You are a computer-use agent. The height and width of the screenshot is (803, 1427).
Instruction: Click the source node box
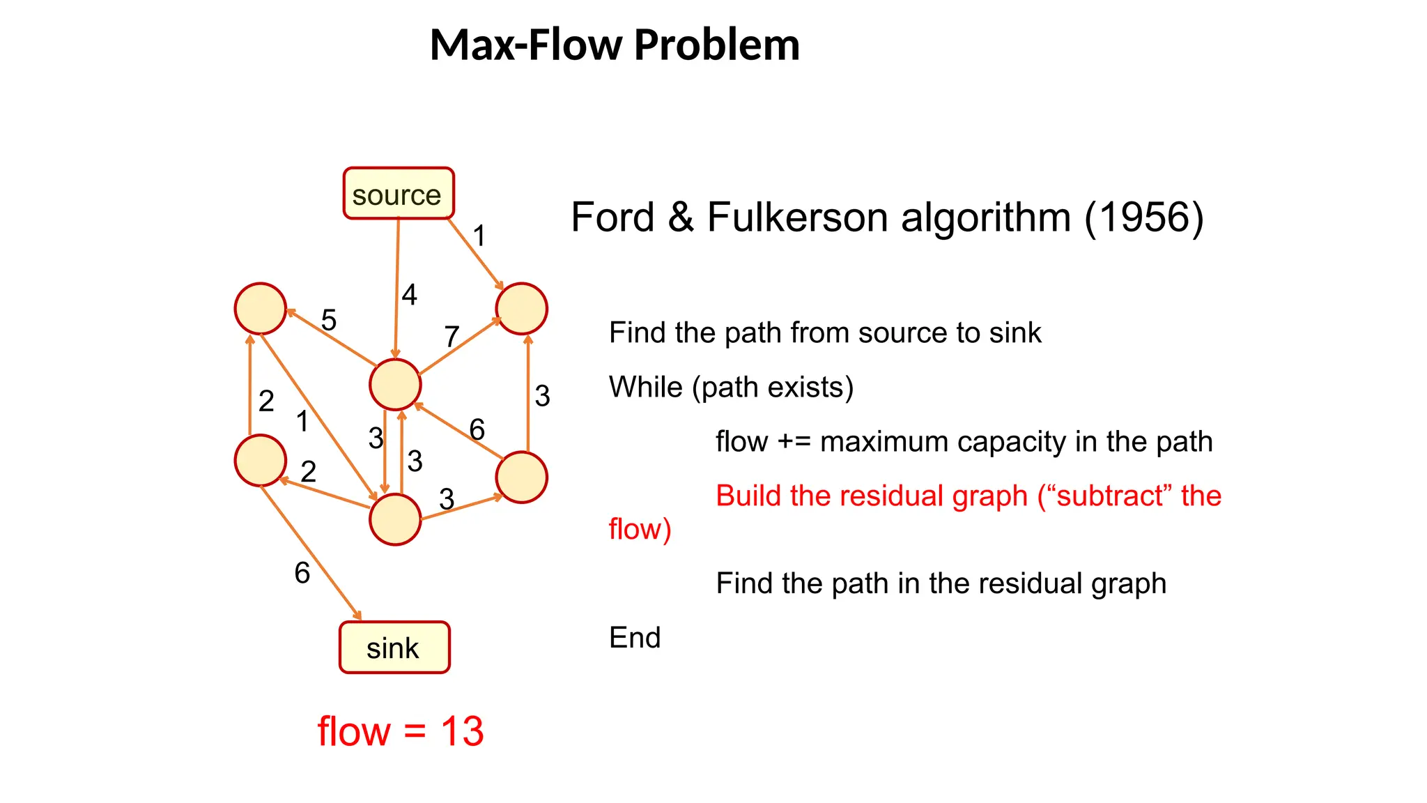(398, 194)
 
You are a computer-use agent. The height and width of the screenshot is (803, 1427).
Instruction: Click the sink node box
(394, 648)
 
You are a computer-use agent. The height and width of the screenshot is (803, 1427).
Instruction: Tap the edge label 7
(452, 337)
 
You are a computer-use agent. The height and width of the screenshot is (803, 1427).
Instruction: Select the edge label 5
(329, 321)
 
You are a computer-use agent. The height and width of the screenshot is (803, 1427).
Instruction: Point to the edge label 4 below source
(409, 295)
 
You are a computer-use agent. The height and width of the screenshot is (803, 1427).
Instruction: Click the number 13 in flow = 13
(462, 732)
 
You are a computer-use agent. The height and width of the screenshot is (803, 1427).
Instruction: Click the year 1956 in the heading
(1143, 217)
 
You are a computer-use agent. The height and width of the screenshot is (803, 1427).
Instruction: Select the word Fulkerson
(797, 217)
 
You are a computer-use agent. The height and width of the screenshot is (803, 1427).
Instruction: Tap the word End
(634, 638)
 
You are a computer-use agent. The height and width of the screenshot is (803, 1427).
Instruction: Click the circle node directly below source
(395, 385)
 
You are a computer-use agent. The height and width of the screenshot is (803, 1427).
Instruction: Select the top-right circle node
(521, 309)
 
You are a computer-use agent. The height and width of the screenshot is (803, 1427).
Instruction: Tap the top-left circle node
(261, 309)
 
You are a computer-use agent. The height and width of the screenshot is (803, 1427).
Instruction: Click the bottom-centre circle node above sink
(395, 519)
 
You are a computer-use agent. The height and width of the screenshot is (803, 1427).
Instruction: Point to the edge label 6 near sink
(302, 574)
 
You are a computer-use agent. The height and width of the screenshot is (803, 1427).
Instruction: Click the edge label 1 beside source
(479, 236)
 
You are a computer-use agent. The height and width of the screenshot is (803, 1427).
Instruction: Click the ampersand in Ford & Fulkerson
(681, 217)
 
